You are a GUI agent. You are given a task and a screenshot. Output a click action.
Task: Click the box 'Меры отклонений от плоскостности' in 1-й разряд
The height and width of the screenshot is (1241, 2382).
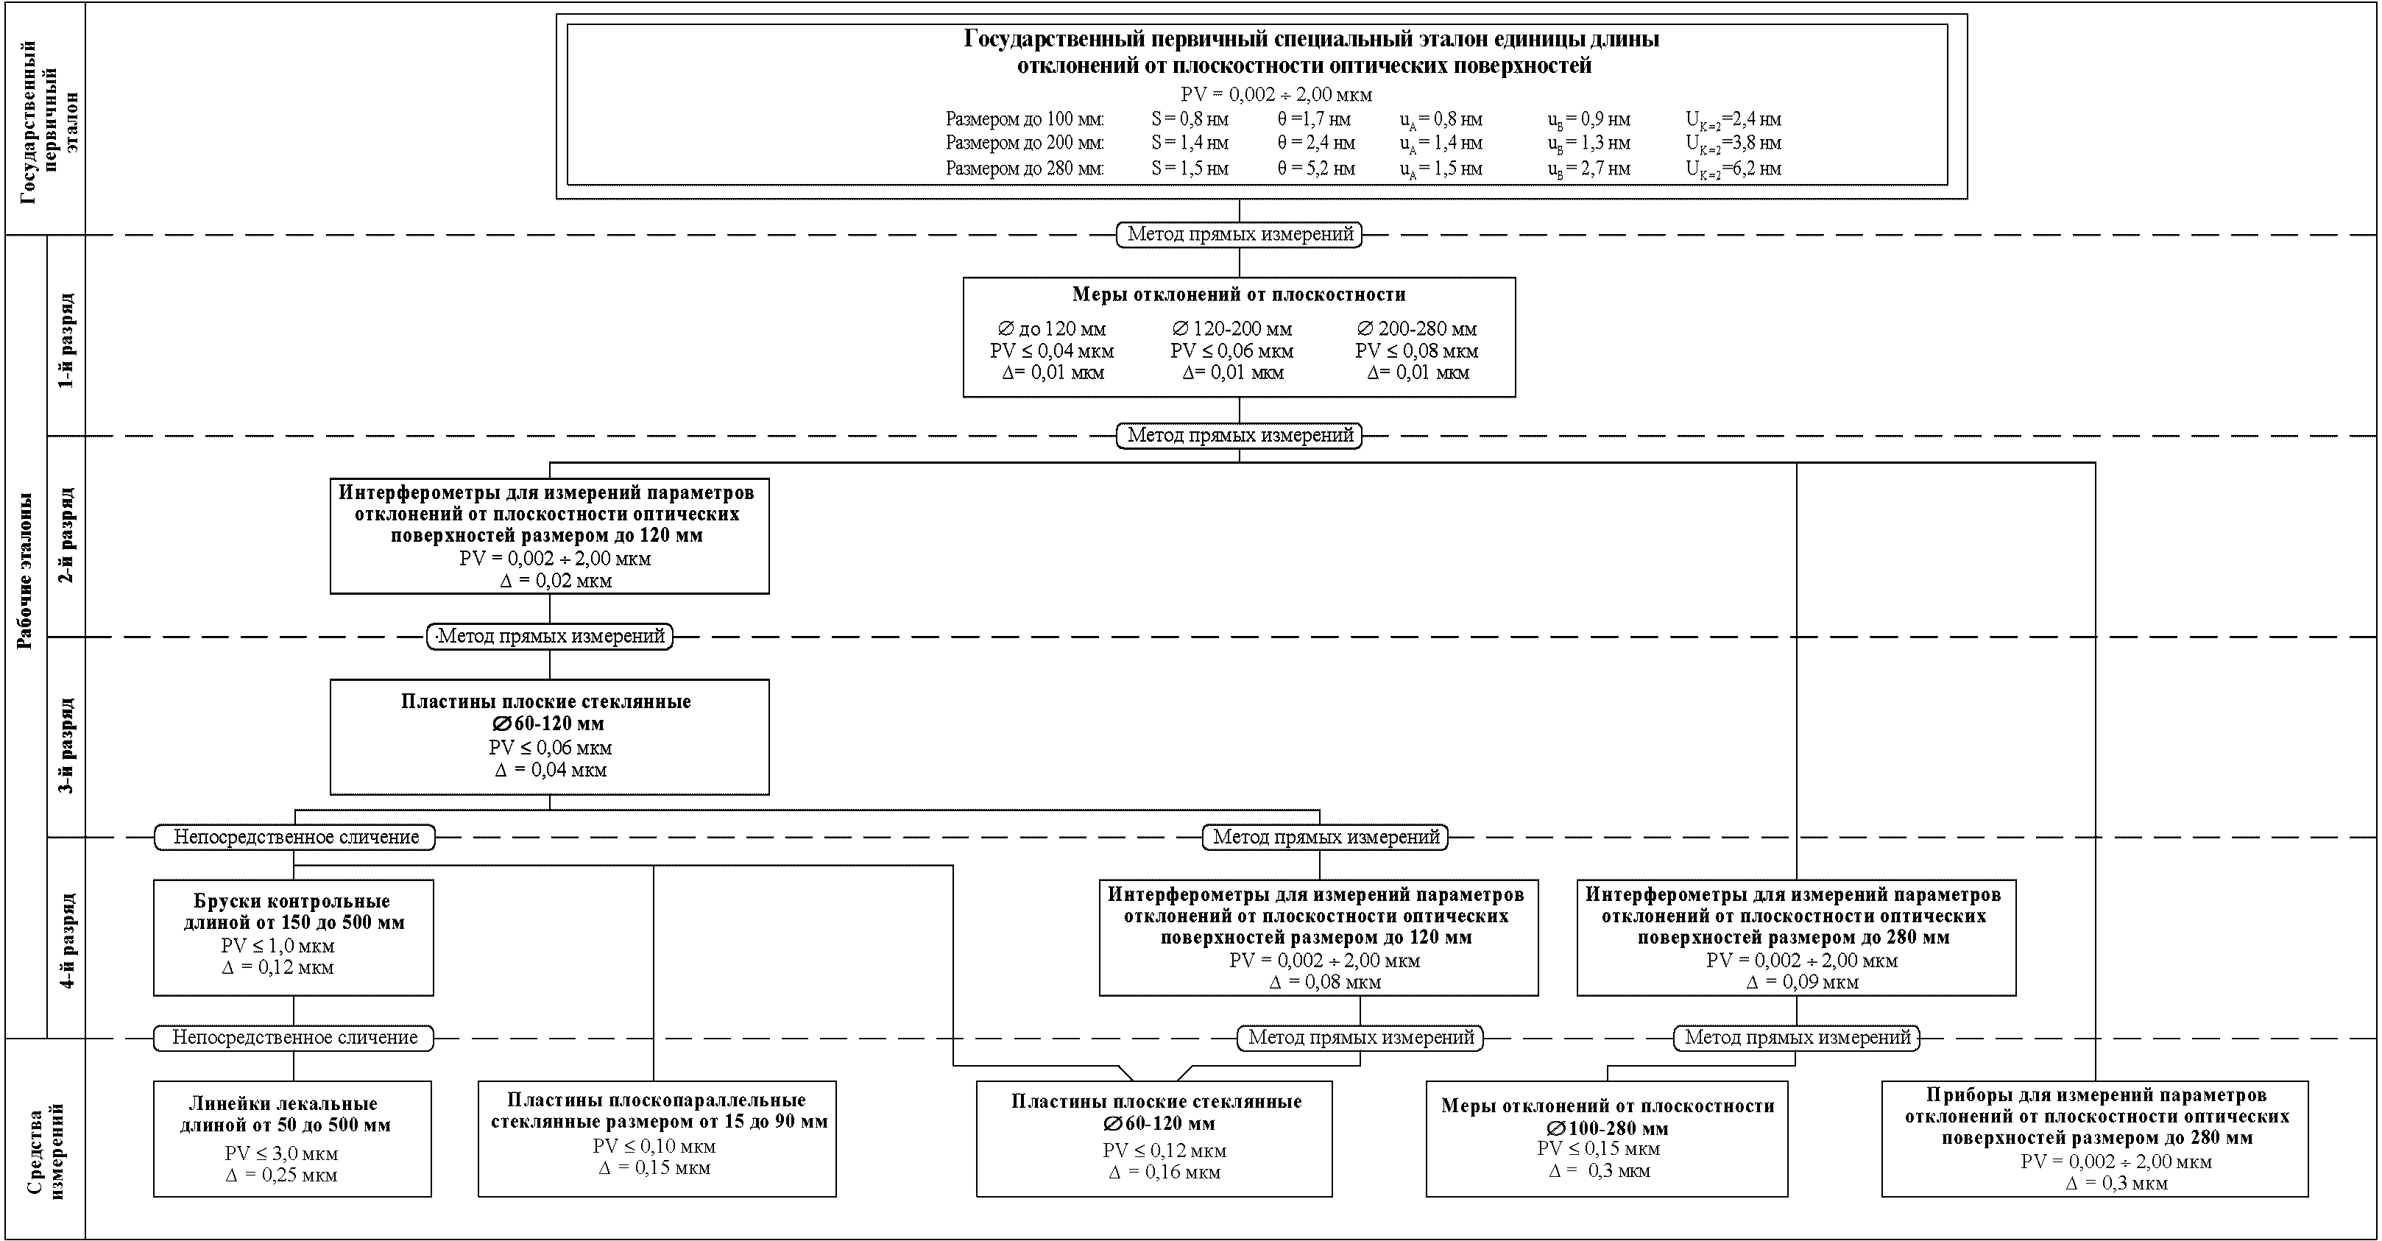point(1239,336)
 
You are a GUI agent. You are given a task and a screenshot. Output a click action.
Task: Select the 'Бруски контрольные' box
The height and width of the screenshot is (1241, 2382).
point(293,938)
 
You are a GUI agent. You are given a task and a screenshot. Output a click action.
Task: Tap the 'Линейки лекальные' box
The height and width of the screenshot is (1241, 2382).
point(292,1139)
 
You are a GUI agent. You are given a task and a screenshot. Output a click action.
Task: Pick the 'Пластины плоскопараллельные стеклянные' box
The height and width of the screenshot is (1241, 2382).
point(657,1139)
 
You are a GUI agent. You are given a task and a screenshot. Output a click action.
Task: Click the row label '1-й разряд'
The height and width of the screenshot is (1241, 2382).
point(66,340)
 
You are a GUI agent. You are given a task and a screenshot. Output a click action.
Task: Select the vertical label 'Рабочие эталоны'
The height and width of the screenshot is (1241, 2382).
point(26,570)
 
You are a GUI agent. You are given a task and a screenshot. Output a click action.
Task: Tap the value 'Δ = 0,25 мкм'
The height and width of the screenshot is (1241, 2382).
point(281,1175)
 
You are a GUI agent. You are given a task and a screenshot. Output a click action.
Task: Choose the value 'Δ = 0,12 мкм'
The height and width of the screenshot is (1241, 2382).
point(278,967)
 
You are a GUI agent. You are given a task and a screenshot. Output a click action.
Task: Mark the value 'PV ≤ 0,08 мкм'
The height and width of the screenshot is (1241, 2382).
point(1417,351)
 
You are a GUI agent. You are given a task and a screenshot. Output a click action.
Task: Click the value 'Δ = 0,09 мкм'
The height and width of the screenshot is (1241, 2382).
point(1802,982)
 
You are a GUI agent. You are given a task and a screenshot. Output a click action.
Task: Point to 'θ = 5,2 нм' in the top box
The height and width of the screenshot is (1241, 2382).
point(1316,169)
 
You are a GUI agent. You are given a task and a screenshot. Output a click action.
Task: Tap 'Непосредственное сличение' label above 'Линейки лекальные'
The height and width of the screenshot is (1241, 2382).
point(294,1038)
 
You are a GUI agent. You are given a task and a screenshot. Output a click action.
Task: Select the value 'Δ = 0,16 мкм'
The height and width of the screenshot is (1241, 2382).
point(1165,1173)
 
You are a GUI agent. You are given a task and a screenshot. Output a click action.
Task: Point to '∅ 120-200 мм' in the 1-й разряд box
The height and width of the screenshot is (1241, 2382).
point(1231,329)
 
